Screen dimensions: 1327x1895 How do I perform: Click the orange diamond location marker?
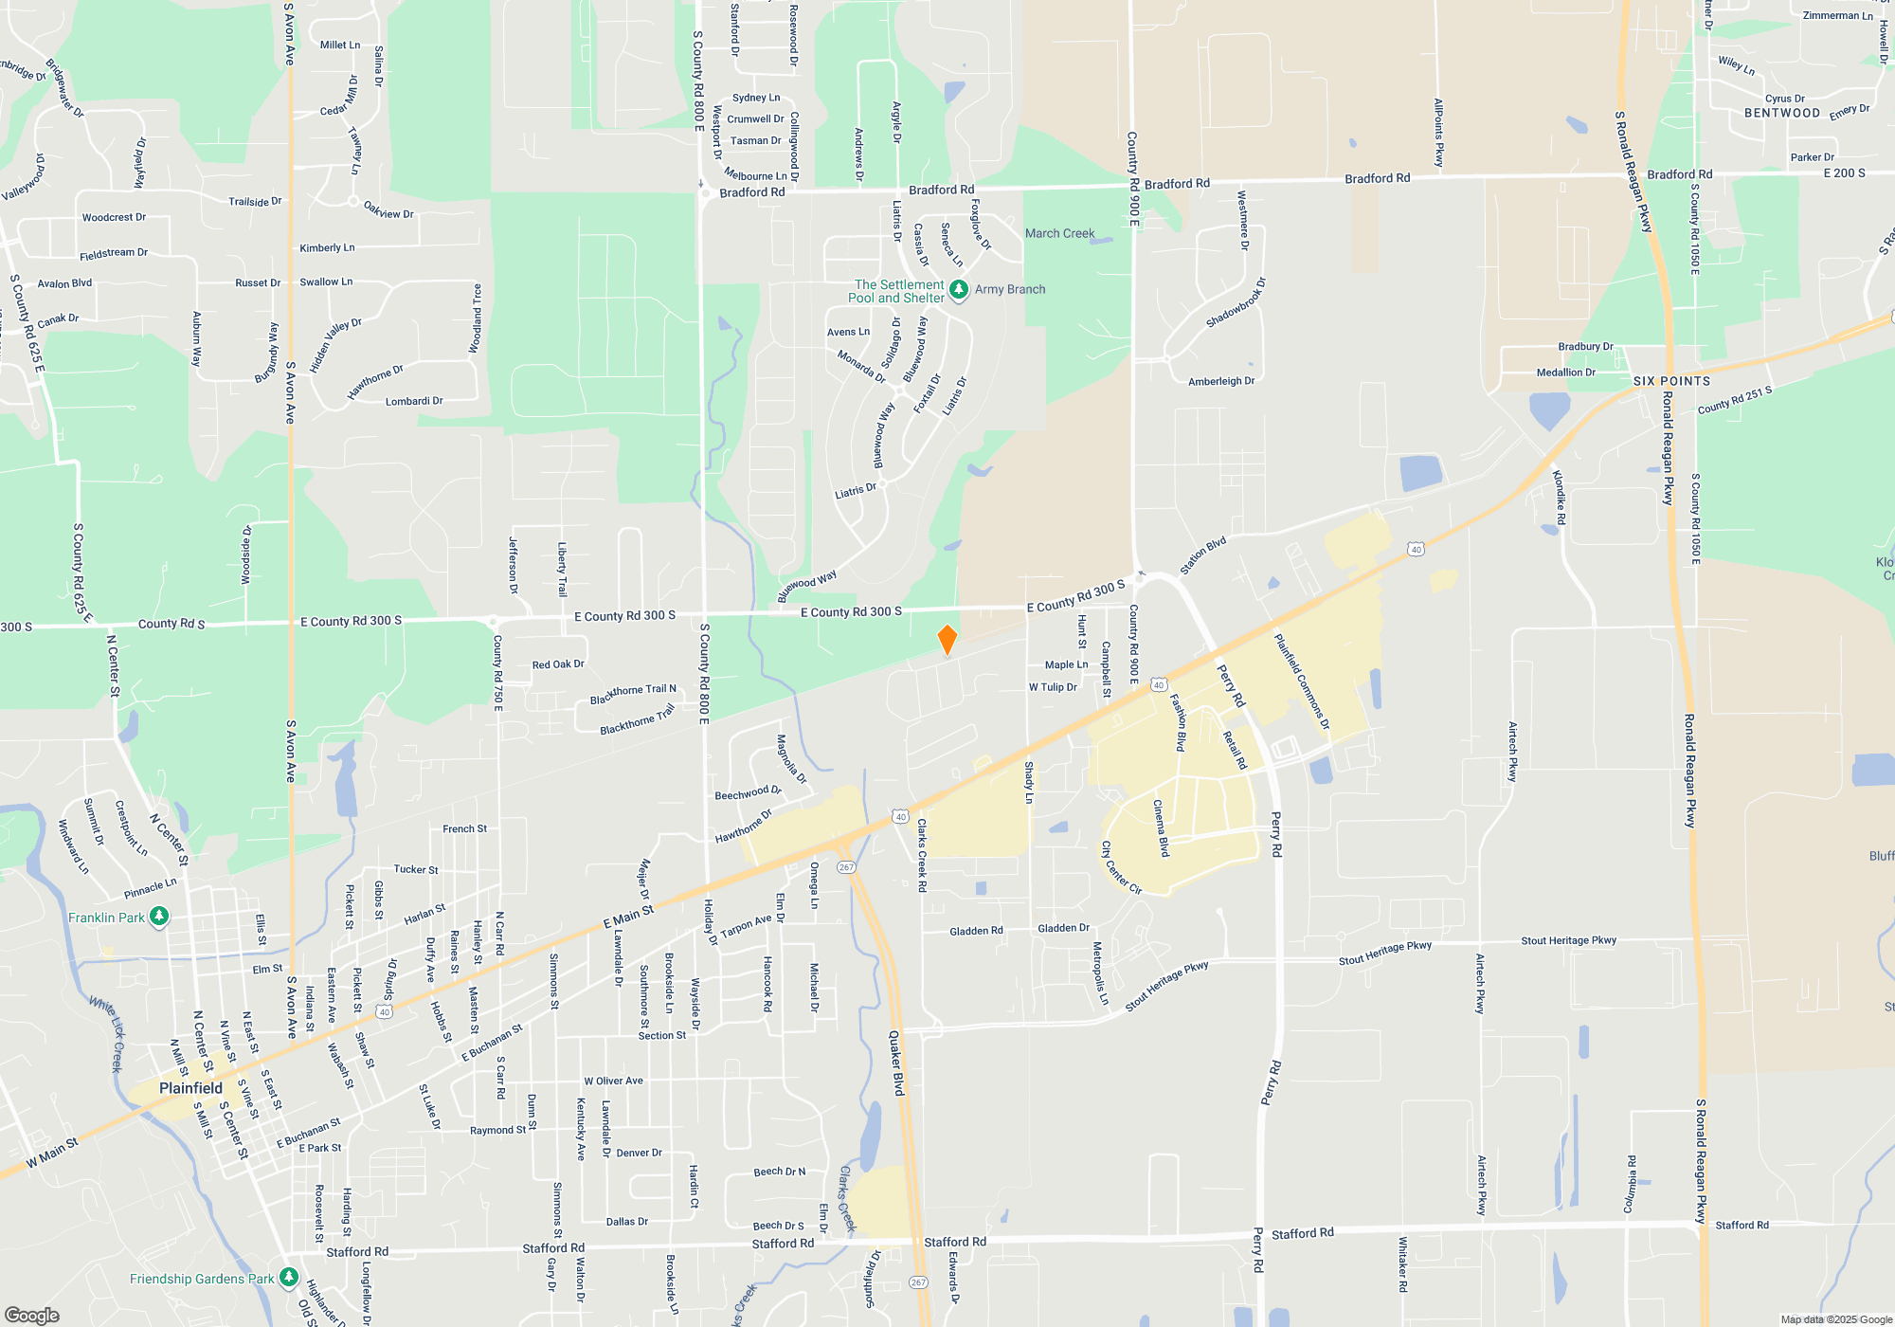(947, 640)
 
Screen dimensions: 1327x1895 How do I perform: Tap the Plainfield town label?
(190, 1088)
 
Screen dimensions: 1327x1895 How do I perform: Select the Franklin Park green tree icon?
(160, 917)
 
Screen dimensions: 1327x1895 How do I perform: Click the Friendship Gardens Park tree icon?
(289, 1278)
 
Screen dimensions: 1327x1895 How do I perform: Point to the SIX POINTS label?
(1671, 381)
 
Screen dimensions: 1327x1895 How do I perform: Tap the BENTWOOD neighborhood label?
(1782, 113)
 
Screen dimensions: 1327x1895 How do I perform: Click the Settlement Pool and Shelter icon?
(959, 289)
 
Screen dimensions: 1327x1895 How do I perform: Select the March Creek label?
(1059, 233)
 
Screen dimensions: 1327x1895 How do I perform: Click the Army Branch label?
(1010, 289)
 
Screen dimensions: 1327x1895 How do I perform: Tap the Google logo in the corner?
(32, 1315)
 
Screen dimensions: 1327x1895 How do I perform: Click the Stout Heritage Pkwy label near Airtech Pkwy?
(1569, 940)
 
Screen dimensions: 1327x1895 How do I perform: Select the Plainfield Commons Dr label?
(1302, 682)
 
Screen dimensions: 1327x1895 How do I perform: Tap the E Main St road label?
(629, 917)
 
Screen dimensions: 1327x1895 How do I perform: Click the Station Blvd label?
(1202, 555)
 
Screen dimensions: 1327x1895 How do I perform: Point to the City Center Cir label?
(1121, 867)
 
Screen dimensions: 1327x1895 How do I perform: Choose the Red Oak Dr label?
(558, 664)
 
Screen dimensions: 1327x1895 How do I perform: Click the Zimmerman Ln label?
(1837, 16)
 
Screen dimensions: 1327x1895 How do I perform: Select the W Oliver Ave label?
(613, 1081)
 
